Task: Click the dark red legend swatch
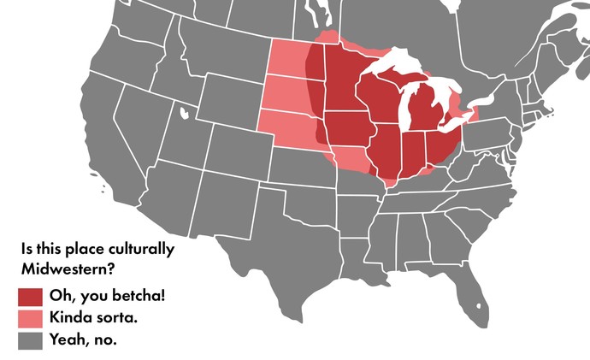[x=30, y=297]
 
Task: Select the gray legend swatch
[x=30, y=340]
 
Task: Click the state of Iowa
[x=347, y=127]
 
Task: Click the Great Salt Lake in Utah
[x=182, y=110]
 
